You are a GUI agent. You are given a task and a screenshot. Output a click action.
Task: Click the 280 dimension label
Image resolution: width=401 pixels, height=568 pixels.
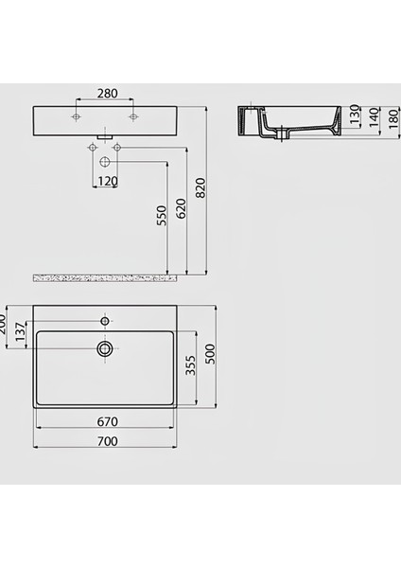(105, 95)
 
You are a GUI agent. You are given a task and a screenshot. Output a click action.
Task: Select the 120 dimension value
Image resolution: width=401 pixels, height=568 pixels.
(105, 181)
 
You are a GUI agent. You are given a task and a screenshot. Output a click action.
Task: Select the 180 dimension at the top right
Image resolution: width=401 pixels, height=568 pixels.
(391, 120)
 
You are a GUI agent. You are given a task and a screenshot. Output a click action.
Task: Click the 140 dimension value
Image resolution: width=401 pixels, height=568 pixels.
(372, 120)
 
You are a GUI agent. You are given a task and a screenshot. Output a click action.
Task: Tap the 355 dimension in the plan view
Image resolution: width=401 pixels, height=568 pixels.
(190, 365)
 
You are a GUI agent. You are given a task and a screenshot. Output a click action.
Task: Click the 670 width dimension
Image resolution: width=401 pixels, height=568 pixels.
(105, 422)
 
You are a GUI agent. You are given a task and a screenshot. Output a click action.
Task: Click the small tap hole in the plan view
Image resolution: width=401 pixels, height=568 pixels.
(105, 318)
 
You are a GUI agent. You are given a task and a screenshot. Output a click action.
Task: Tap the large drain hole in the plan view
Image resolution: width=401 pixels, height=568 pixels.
(105, 349)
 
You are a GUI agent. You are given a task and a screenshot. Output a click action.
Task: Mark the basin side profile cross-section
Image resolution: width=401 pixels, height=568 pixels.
(288, 121)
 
